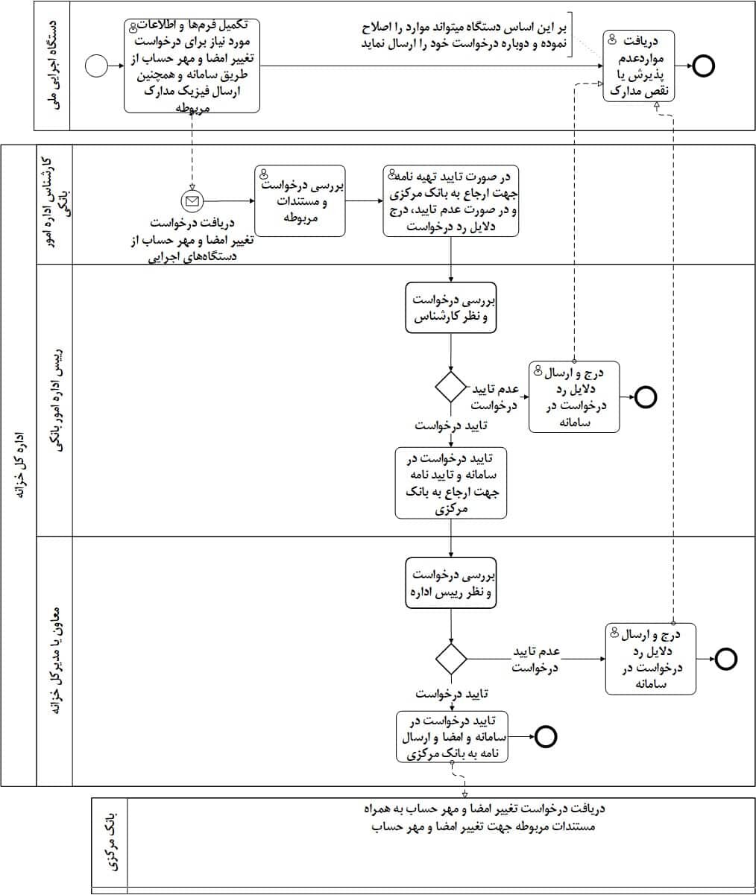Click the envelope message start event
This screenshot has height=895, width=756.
[192, 200]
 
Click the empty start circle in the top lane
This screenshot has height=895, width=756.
[97, 66]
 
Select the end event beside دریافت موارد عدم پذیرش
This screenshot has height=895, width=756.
[703, 66]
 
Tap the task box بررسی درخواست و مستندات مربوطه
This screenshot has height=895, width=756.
[300, 200]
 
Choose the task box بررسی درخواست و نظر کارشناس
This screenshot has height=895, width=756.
[451, 308]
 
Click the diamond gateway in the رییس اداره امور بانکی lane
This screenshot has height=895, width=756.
[451, 386]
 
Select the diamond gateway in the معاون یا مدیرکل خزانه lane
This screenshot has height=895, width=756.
[451, 659]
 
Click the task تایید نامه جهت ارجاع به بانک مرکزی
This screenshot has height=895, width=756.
[451, 482]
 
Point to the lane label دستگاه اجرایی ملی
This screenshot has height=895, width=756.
[52, 66]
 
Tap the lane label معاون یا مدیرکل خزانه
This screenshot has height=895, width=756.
[54, 661]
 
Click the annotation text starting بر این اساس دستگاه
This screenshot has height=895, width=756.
[462, 36]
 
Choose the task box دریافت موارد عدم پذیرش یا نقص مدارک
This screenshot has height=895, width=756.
[640, 66]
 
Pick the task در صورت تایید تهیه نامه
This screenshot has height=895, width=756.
[451, 200]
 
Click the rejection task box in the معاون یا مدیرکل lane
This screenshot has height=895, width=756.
[650, 659]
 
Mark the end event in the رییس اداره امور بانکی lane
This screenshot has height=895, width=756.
[646, 396]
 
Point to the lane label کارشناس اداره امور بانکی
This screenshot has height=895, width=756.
[54, 204]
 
